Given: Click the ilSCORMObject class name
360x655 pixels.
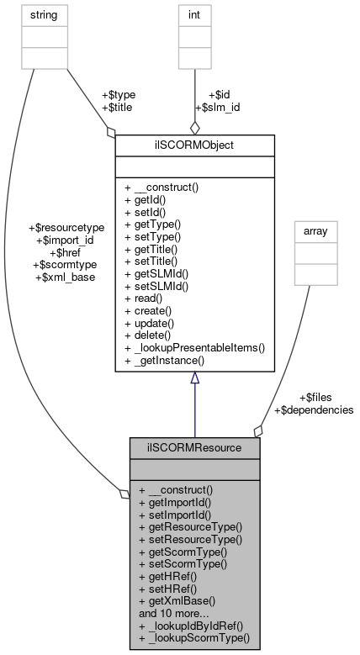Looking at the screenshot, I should [194, 145].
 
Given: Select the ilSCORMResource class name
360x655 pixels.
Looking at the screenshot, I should [194, 447].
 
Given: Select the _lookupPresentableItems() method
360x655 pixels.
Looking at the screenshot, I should [193, 346].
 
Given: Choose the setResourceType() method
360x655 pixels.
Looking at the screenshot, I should [190, 539].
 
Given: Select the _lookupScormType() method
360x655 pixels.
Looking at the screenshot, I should [193, 637].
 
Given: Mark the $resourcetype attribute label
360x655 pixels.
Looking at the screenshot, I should [66, 228].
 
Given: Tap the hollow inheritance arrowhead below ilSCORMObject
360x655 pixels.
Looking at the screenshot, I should [194, 379].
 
